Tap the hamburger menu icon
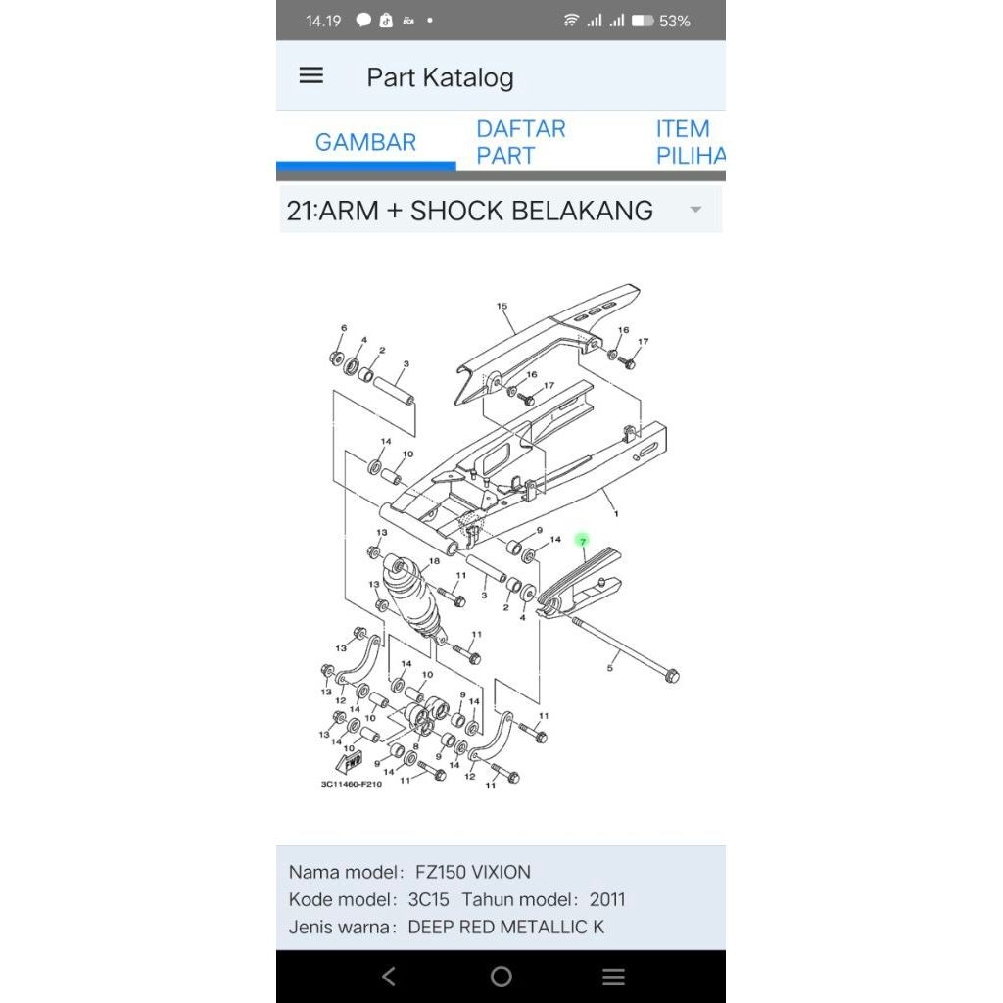point(310,75)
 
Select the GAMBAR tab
point(366,142)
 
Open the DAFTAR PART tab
point(521,142)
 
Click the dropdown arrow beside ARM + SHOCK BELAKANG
point(696,210)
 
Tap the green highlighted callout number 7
point(582,541)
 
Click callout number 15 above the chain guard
point(501,306)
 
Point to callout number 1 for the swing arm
point(616,513)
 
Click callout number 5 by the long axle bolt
point(609,668)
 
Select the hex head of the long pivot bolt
point(672,676)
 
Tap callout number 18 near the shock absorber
point(434,561)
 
